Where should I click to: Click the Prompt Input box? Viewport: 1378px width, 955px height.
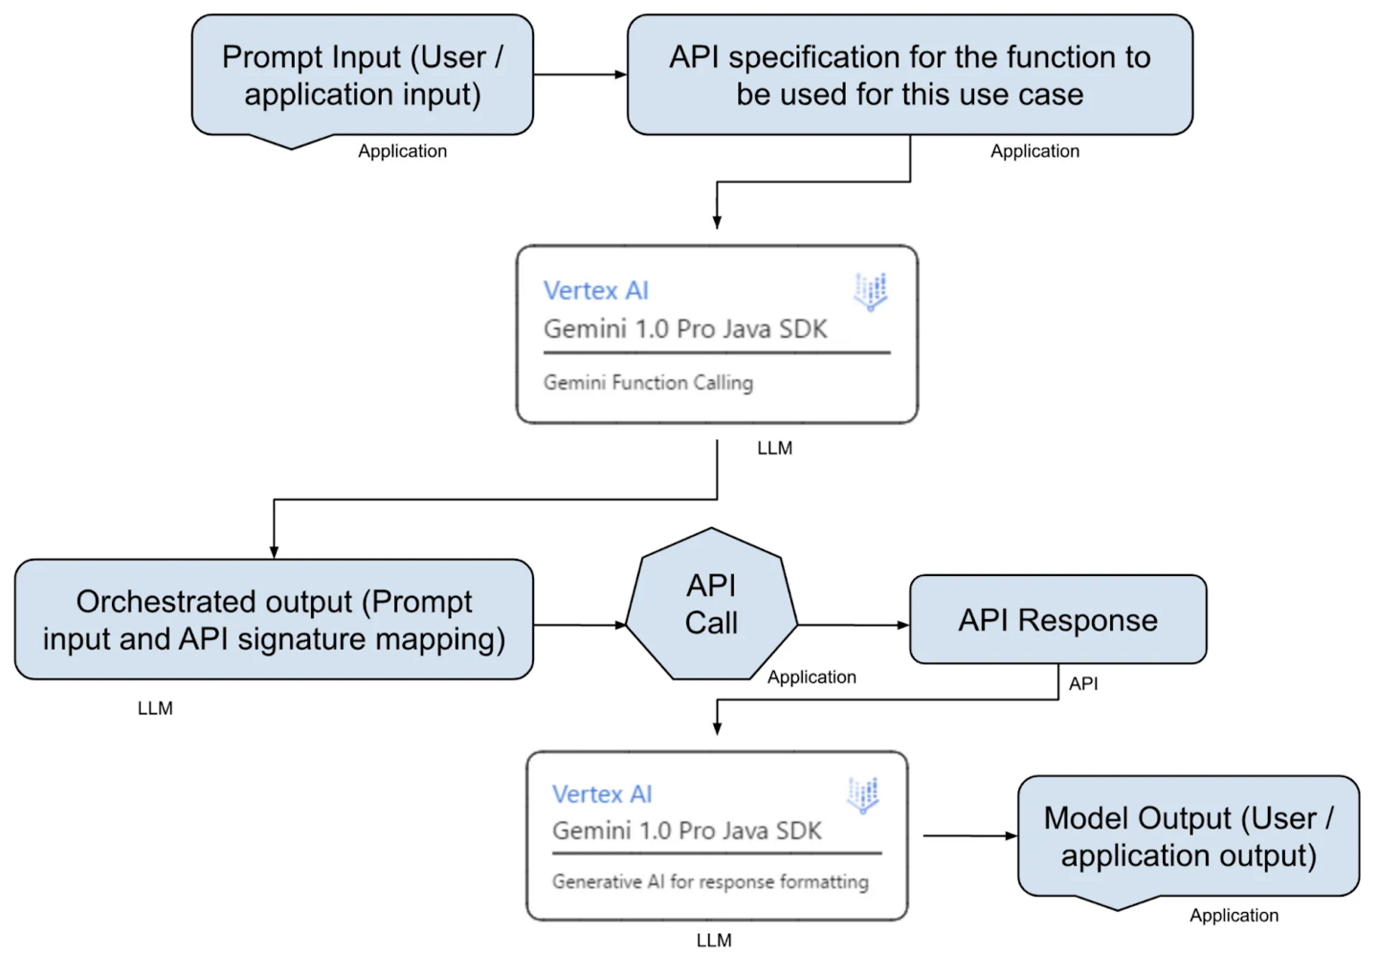tap(362, 76)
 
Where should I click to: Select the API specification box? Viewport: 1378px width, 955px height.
tap(909, 76)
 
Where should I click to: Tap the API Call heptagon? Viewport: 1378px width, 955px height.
tap(711, 605)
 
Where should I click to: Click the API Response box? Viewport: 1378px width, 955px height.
tap(1057, 620)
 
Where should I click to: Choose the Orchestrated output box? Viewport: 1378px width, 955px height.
tap(274, 620)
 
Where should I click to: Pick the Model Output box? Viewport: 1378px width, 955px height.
tap(1188, 836)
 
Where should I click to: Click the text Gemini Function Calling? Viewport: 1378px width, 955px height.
tap(648, 383)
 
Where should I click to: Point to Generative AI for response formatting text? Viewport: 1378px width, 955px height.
tap(710, 881)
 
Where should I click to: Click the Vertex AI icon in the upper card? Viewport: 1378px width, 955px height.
tap(870, 291)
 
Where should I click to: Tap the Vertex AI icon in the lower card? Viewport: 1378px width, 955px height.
tap(862, 794)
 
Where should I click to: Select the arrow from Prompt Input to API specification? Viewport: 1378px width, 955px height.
tap(580, 75)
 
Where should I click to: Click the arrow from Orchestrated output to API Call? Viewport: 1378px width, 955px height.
tap(579, 625)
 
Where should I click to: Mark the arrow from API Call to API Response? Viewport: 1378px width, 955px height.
tap(853, 625)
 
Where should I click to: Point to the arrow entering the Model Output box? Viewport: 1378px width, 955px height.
tap(969, 835)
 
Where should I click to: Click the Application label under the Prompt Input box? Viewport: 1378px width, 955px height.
tap(402, 151)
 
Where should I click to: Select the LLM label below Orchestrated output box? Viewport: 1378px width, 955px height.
tap(155, 708)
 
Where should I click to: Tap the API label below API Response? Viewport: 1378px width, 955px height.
tap(1083, 684)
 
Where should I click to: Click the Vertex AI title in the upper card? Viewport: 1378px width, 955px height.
tap(595, 291)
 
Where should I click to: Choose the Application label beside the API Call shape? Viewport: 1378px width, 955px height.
tap(811, 677)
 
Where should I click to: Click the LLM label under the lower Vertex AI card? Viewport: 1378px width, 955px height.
tap(714, 941)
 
